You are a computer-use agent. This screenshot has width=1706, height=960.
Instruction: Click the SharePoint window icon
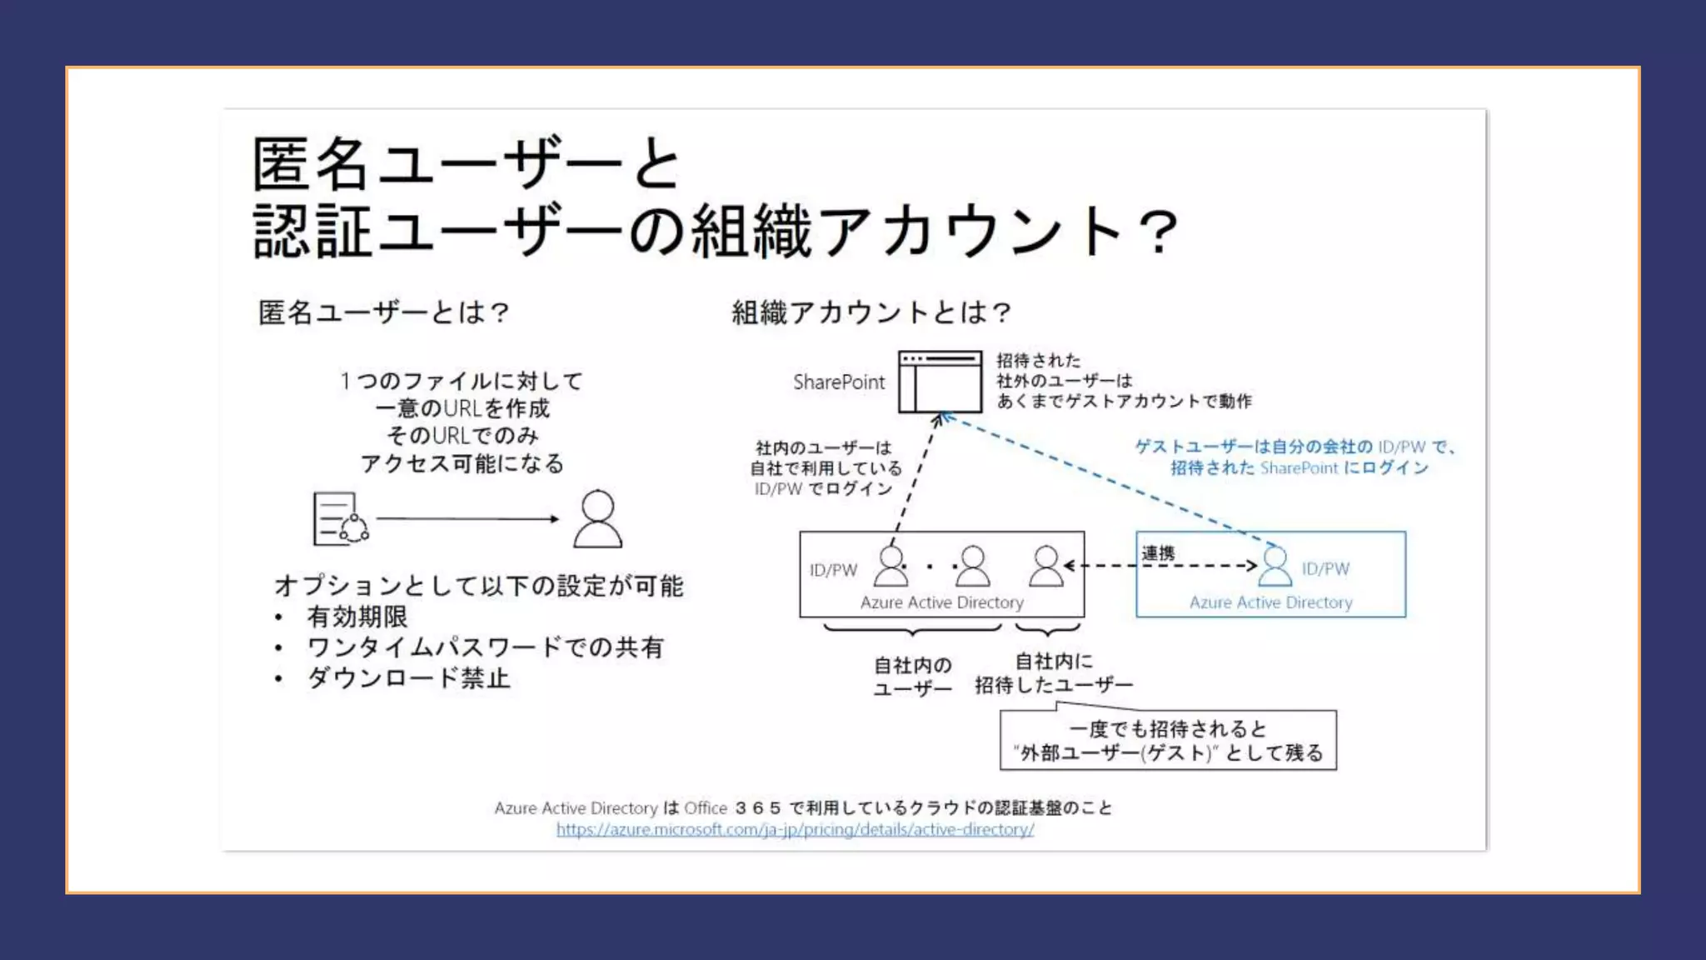(x=940, y=382)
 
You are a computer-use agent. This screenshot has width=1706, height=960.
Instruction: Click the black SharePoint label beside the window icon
(x=838, y=382)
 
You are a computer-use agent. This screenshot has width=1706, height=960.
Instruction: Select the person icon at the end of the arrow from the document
(x=597, y=518)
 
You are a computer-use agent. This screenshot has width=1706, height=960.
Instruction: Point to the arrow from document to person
(x=466, y=518)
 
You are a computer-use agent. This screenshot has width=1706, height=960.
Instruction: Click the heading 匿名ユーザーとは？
(x=384, y=312)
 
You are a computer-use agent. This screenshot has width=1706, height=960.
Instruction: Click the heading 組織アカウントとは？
(x=871, y=312)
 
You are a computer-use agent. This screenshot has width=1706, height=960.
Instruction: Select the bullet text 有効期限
(x=357, y=617)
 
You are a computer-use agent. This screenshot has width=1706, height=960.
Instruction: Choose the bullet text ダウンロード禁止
(x=408, y=678)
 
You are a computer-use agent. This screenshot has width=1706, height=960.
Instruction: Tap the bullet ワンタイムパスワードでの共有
(x=485, y=647)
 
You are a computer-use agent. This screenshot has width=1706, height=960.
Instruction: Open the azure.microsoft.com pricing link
(x=795, y=830)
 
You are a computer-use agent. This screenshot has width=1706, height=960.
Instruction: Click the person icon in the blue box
(x=1275, y=567)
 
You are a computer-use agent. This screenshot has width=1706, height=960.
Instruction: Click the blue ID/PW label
(x=1325, y=569)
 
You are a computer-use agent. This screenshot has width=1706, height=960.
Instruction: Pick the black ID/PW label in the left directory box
(x=833, y=571)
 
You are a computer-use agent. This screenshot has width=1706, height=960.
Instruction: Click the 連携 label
(x=1158, y=553)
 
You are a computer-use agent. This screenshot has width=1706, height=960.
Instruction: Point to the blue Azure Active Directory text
(x=1270, y=602)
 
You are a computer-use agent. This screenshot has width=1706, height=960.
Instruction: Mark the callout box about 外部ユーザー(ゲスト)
(x=1168, y=741)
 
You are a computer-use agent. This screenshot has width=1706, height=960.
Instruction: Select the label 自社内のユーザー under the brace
(x=912, y=677)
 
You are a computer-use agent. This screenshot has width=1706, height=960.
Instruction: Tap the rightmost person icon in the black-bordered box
(x=1045, y=567)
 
